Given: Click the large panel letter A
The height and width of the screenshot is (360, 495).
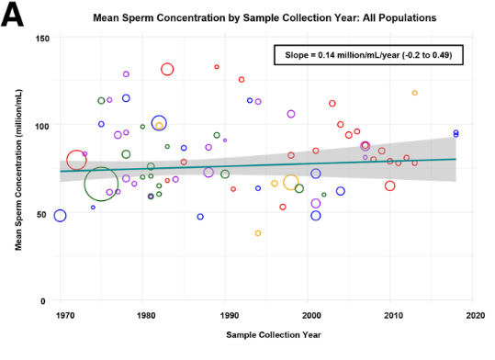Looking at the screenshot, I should [15, 16].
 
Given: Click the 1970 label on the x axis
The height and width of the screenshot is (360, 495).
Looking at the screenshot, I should [64, 315].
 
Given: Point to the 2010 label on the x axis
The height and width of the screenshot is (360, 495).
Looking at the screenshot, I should [393, 315].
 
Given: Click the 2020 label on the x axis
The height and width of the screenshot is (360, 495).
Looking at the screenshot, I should [475, 315].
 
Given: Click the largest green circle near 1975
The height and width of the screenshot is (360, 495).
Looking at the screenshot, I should [101, 184].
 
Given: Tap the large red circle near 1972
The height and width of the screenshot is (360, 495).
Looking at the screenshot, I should [76, 161].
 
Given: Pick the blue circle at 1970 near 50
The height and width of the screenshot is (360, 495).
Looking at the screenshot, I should [61, 216].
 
